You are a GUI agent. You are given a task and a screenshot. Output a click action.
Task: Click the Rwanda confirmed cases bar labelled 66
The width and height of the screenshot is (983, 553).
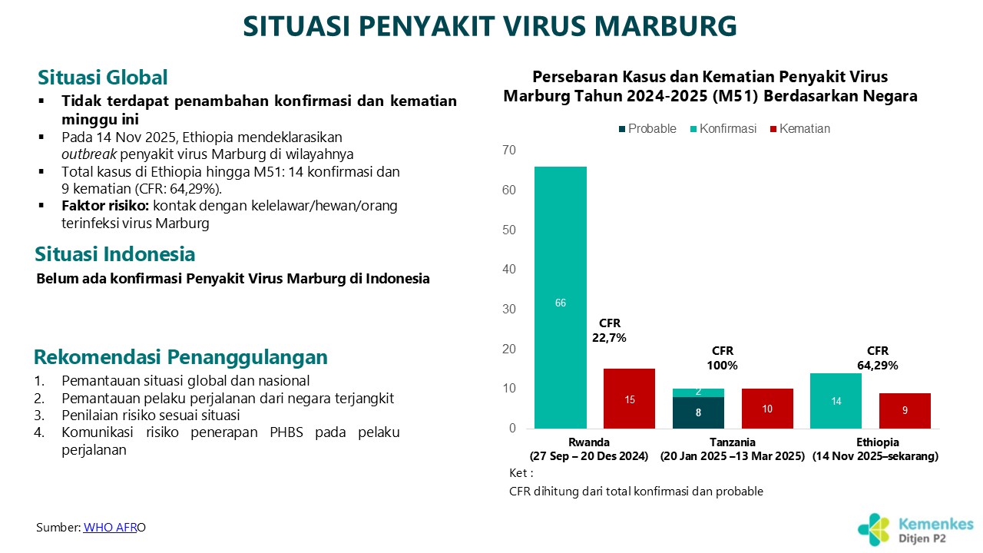(x=561, y=297)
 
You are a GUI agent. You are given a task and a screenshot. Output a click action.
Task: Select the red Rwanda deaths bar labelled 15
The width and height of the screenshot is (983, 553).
(x=629, y=399)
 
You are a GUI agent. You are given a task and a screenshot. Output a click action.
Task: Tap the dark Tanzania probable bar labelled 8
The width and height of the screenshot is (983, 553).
(x=698, y=412)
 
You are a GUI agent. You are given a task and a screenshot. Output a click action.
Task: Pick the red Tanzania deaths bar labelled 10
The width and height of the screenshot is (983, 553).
(x=767, y=409)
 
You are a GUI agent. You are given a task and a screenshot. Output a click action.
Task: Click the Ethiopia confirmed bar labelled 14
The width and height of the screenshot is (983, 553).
(x=836, y=401)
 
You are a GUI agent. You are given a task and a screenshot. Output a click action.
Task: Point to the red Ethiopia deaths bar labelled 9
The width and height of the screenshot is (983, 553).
(x=905, y=411)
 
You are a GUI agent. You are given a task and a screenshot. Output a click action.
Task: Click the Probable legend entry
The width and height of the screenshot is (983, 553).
(x=647, y=128)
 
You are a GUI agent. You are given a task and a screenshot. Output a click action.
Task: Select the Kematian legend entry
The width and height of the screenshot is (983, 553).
(x=800, y=128)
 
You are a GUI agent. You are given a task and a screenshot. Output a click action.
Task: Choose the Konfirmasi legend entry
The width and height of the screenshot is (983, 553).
(x=723, y=128)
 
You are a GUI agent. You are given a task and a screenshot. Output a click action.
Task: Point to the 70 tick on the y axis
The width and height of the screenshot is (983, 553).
(x=509, y=150)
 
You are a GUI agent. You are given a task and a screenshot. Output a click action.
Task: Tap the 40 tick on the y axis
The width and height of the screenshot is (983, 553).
(x=509, y=269)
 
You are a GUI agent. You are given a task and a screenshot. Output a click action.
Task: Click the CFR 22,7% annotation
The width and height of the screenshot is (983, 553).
(x=609, y=330)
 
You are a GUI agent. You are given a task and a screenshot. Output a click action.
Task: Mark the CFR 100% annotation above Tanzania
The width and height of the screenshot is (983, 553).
(x=723, y=358)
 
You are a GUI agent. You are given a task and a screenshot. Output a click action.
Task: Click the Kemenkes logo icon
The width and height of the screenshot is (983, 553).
(x=874, y=530)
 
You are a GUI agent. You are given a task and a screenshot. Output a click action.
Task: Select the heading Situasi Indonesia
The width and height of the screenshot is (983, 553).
(x=115, y=254)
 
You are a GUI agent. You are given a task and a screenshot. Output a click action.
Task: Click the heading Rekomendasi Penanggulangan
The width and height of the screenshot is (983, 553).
(x=180, y=357)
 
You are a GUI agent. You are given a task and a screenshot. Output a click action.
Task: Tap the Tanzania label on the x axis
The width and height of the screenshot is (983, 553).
(x=733, y=442)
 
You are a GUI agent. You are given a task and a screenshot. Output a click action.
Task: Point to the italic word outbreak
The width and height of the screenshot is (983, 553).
(x=89, y=154)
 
